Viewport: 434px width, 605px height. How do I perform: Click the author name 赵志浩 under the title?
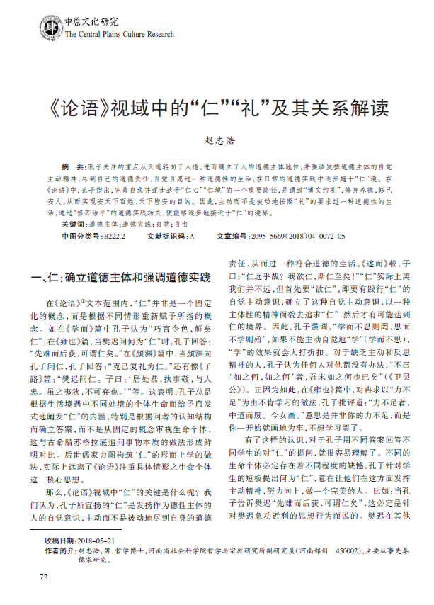[x=217, y=142]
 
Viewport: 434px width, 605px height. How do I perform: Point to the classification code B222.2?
[x=113, y=235]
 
